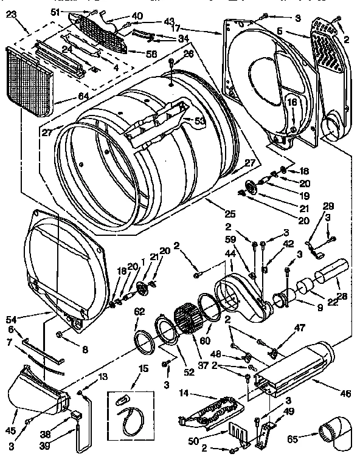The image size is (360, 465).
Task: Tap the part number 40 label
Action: pyautogui.click(x=137, y=16)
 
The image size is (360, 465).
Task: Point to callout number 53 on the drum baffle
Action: pyautogui.click(x=199, y=120)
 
